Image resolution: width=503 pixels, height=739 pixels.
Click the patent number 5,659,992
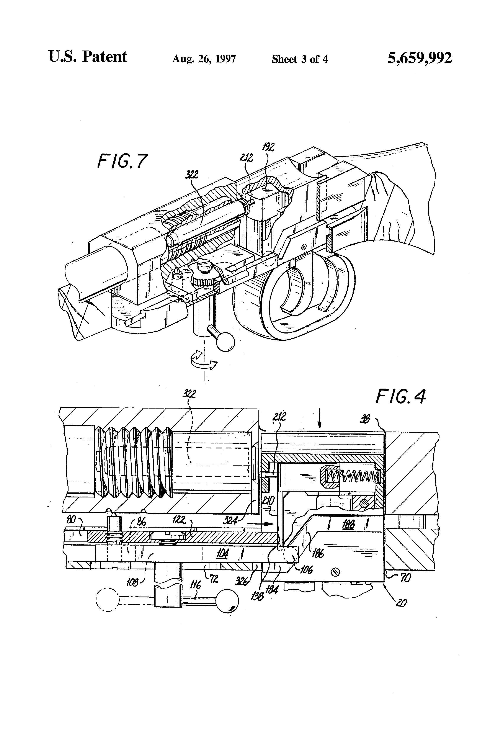click(419, 58)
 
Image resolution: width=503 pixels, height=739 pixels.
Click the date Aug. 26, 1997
click(204, 59)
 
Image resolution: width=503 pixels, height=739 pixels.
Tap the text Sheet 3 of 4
click(299, 59)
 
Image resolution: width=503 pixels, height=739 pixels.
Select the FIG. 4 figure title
click(400, 397)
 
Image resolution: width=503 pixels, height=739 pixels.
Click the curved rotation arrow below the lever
click(204, 360)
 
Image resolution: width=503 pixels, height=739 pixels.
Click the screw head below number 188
click(336, 572)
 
